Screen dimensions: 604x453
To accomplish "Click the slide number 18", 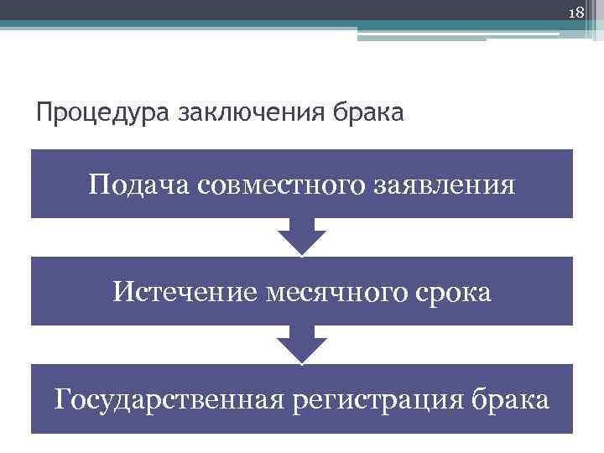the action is click(575, 13).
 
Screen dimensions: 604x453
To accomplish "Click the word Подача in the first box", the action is click(139, 183).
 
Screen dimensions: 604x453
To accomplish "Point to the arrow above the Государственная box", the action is click(302, 344).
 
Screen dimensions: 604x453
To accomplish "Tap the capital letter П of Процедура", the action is click(43, 111).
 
